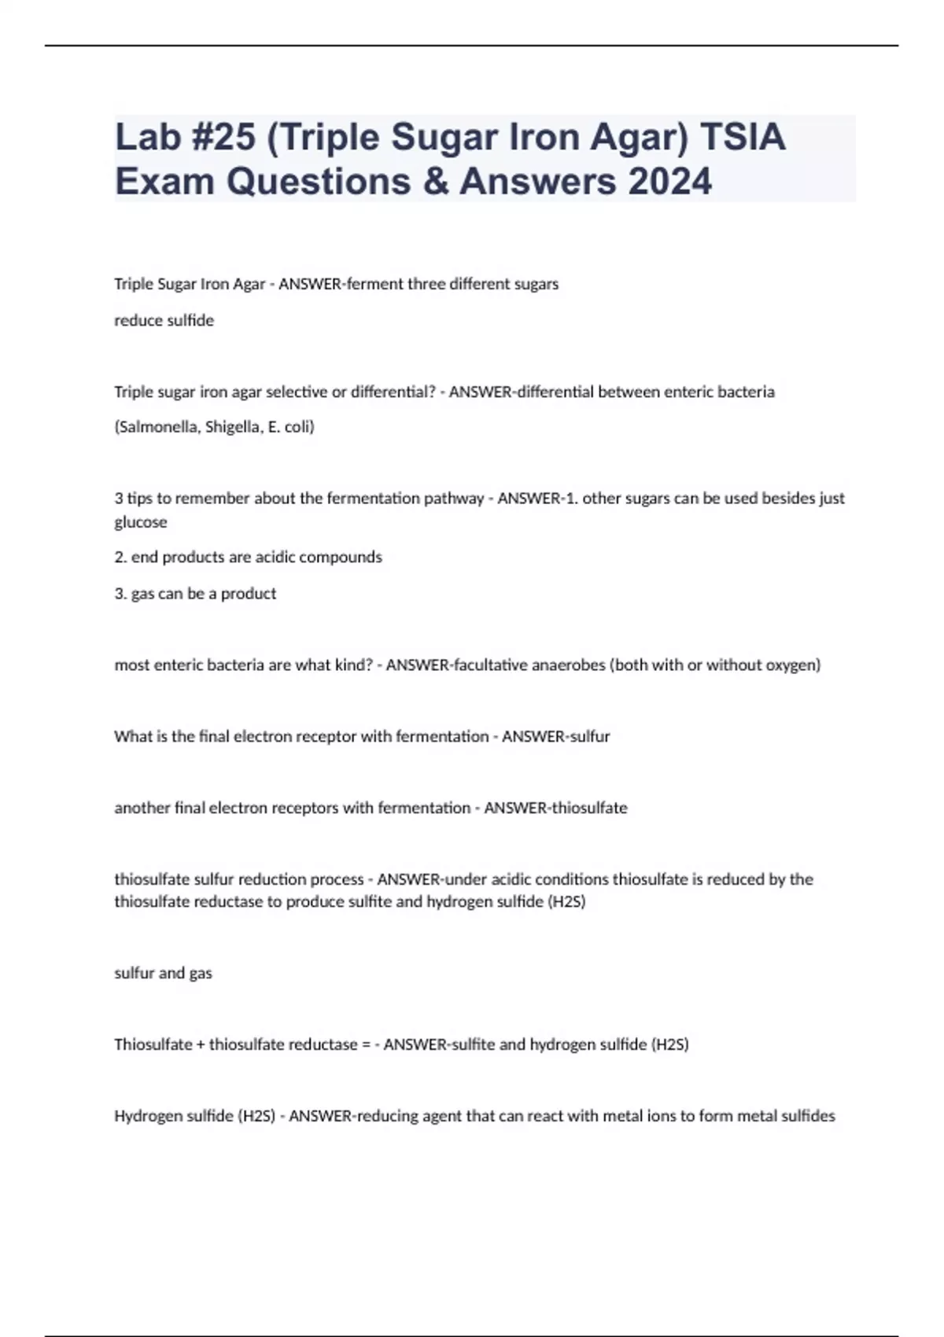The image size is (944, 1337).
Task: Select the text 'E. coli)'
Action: point(292,427)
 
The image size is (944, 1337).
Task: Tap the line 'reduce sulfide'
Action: point(164,321)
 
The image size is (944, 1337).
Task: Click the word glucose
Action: point(141,522)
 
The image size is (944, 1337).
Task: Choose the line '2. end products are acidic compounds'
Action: point(248,558)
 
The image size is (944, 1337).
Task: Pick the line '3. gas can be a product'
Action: point(195,594)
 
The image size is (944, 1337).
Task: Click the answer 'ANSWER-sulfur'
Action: point(555,737)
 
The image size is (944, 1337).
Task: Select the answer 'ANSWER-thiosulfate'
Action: point(555,808)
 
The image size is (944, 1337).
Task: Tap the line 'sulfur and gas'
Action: point(163,974)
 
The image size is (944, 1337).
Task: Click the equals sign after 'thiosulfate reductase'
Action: point(366,1045)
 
